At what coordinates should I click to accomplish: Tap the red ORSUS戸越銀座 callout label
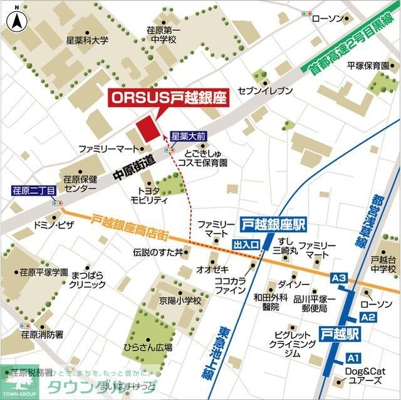(168, 98)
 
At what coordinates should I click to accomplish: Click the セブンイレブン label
(265, 91)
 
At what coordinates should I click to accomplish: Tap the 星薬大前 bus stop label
(188, 135)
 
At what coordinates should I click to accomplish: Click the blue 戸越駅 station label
(339, 332)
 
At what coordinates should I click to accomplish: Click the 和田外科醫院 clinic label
(271, 302)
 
